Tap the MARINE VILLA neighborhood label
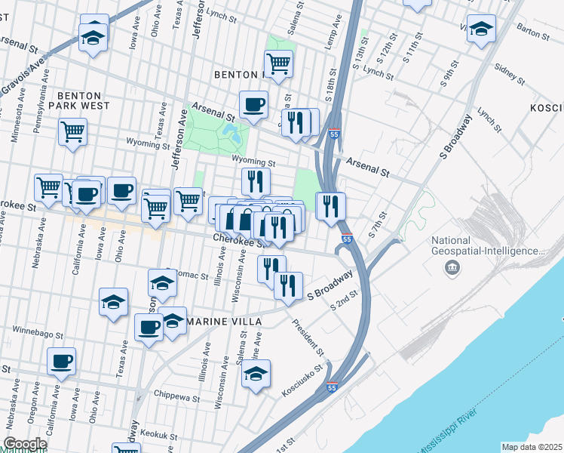tap(224, 322)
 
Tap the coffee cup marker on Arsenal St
tap(253, 105)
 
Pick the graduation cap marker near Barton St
tap(480, 30)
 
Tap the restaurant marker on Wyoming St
tap(256, 181)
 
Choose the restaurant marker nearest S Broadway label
tap(288, 285)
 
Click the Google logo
tap(25, 444)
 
